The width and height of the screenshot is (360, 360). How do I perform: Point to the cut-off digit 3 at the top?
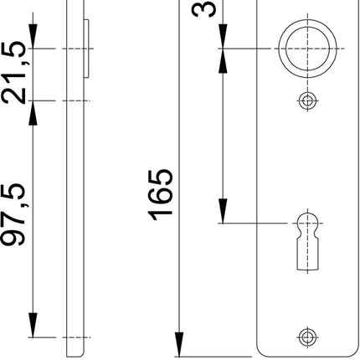[205, 10]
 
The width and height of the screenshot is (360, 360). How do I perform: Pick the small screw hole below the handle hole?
[307, 101]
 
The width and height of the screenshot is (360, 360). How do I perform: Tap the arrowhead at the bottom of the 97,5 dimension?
[33, 326]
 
